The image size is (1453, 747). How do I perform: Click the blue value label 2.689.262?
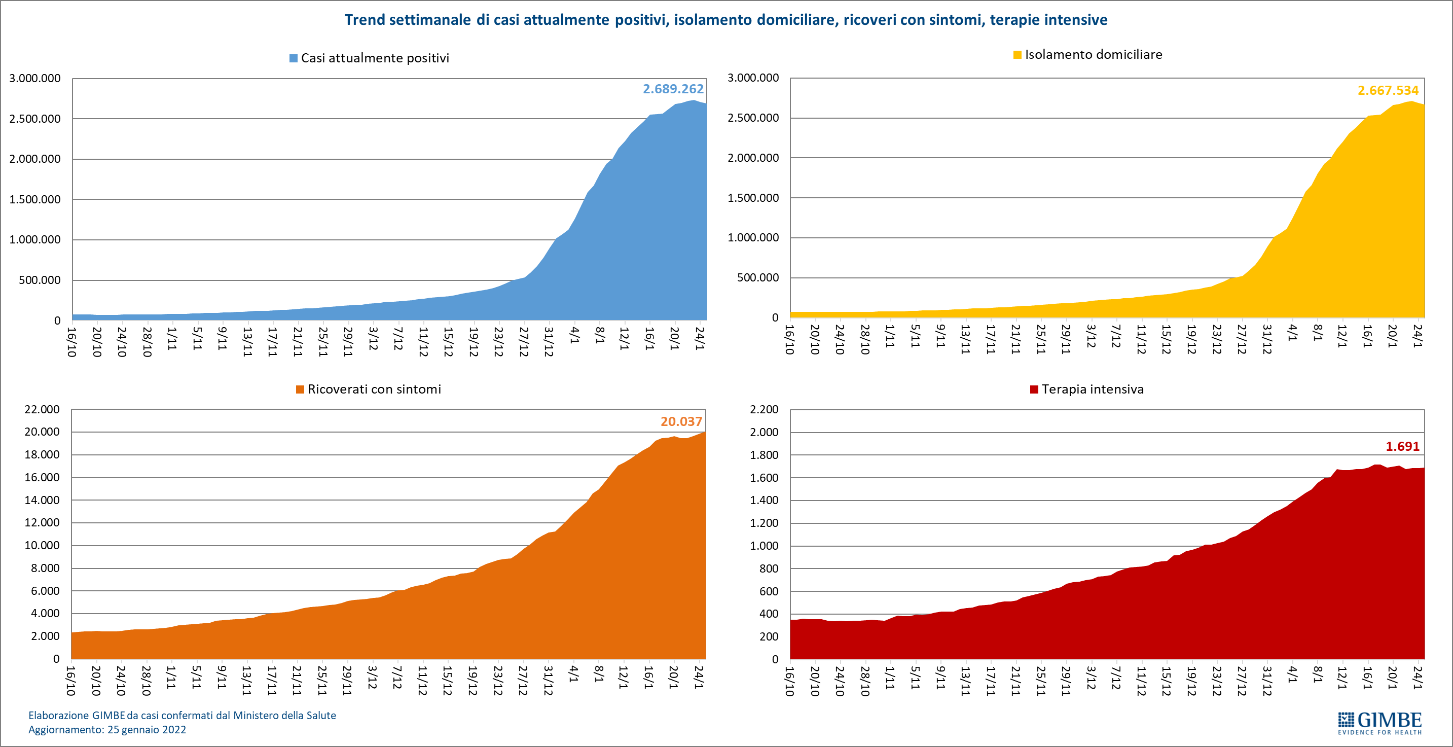673,89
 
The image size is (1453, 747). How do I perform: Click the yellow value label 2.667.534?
1388,91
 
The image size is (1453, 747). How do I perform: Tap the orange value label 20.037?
681,422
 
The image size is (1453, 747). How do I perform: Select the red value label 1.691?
1402,447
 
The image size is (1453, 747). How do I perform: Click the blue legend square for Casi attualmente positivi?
294,59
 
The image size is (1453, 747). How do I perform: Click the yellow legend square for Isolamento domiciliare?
1017,55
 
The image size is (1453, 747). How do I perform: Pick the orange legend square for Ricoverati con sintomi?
300,390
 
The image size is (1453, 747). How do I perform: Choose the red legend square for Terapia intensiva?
1034,390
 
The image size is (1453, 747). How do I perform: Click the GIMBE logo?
1379,723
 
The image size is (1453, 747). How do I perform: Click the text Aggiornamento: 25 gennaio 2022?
107,730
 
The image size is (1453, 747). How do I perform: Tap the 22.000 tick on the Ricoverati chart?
42,410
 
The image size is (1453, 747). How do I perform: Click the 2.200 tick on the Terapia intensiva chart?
764,410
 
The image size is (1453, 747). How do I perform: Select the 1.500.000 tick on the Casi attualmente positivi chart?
35,200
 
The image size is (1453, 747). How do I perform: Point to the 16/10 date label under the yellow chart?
790,339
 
